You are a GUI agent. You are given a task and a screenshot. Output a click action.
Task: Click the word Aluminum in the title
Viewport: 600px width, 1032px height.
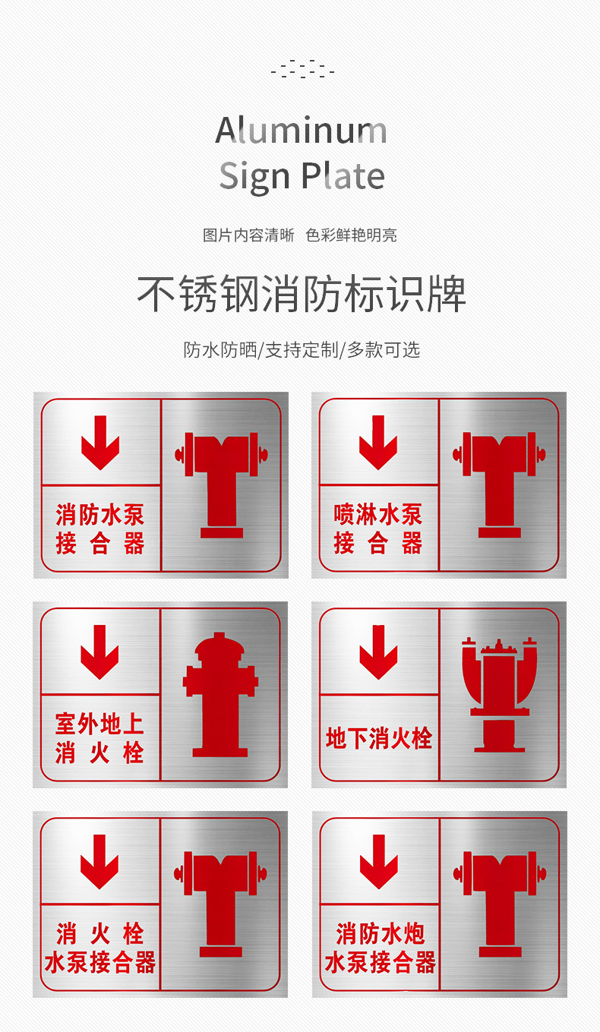click(x=302, y=131)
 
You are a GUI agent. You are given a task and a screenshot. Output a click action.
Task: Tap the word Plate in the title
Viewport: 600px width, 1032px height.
click(x=343, y=175)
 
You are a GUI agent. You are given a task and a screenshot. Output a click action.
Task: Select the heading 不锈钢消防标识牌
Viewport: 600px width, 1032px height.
click(x=301, y=294)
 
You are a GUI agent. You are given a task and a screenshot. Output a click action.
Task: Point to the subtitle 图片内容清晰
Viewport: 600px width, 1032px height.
click(x=248, y=235)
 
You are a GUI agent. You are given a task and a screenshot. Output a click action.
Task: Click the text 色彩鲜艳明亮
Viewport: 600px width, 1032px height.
click(x=351, y=235)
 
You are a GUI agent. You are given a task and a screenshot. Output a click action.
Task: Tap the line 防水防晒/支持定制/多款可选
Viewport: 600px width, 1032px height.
click(x=301, y=349)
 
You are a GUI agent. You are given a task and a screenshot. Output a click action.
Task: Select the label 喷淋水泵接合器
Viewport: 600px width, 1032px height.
click(x=378, y=529)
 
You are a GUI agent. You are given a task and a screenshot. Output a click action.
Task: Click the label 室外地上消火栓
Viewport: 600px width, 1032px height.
click(x=99, y=738)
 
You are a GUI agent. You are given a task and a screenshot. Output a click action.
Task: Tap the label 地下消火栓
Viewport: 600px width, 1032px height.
click(x=378, y=738)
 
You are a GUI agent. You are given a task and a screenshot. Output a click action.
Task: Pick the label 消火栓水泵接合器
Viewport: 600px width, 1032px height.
click(x=99, y=948)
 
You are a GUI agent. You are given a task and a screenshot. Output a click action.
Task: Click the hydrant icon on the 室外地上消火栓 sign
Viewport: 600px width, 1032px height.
click(x=219, y=695)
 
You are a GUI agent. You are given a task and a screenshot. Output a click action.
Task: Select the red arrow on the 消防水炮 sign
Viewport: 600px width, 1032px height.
click(x=378, y=861)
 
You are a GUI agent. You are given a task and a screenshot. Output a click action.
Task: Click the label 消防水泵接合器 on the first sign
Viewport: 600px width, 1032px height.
click(x=99, y=529)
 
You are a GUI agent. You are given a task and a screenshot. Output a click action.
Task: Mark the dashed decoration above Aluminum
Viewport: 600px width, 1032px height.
click(x=302, y=69)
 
